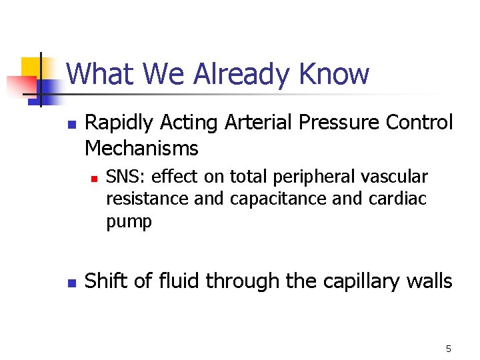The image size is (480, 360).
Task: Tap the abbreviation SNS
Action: coord(123,177)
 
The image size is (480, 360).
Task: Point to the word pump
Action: coord(129,222)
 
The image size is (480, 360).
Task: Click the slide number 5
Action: coord(448,349)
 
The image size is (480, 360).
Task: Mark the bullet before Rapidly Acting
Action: coord(72,124)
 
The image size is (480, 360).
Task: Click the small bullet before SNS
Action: coord(94,178)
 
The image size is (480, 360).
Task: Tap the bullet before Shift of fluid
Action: coord(72,283)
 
